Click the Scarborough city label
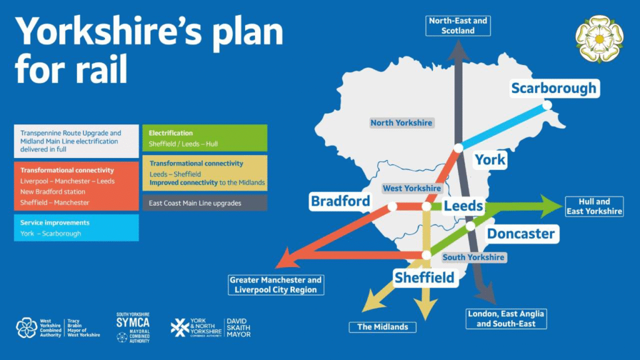click(554, 88)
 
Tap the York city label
click(490, 160)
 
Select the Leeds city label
click(463, 206)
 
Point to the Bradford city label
click(340, 201)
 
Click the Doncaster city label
click(521, 234)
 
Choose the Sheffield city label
click(424, 277)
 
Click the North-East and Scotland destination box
click(458, 26)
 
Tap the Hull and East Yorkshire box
click(594, 206)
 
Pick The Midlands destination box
click(382, 327)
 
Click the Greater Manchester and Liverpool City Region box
click(276, 285)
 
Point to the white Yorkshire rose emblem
click(599, 39)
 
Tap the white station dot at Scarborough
click(547, 105)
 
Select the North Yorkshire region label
click(401, 122)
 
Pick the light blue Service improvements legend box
click(76, 227)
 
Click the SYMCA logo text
click(132, 322)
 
